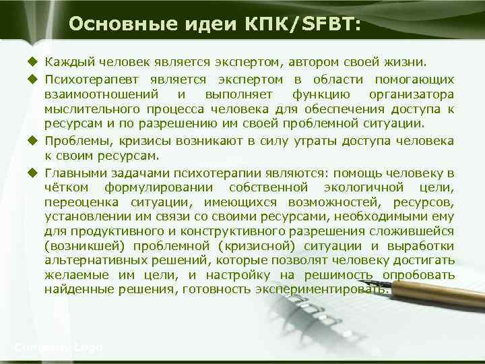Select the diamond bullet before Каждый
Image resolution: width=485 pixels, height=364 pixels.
[31, 63]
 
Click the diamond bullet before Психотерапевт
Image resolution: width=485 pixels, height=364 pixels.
[31, 79]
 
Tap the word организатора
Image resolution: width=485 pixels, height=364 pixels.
[412, 94]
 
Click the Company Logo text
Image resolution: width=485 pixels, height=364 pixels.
[58, 347]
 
